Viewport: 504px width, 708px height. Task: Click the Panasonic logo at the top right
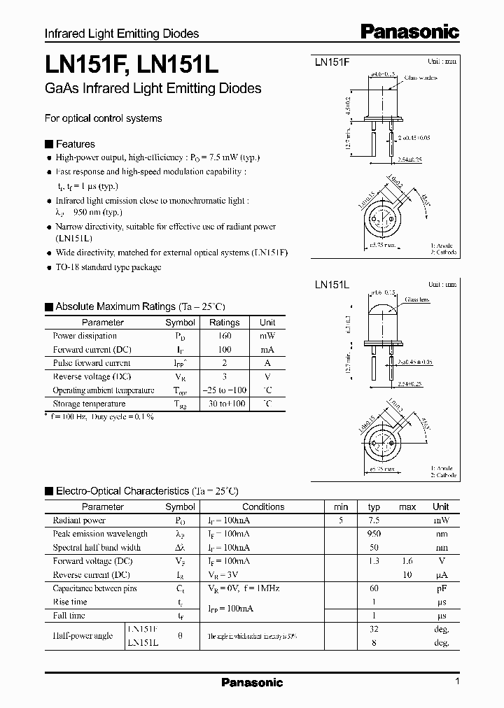(410, 31)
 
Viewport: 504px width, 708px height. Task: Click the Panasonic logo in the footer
(252, 682)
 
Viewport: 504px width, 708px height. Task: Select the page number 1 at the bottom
(457, 682)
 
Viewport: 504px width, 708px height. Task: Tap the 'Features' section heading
(75, 144)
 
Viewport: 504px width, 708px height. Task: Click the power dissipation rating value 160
(224, 336)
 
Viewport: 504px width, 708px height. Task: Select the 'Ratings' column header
(224, 323)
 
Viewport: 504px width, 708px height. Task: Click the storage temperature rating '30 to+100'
(224, 404)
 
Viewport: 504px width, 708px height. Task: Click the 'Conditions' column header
(263, 507)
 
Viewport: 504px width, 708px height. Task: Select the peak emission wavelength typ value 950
(374, 534)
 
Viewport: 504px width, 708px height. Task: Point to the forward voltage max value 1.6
(407, 561)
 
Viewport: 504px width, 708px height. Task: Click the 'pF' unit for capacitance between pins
(441, 588)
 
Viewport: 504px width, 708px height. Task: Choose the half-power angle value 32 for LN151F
(374, 629)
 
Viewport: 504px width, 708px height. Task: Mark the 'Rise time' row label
(70, 602)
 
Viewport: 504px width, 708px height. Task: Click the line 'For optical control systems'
(104, 118)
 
